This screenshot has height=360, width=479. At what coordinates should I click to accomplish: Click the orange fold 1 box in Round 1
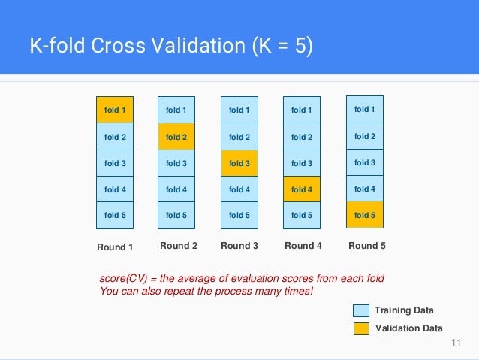[115, 110]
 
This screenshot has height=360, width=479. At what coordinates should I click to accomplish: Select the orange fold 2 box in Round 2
[176, 137]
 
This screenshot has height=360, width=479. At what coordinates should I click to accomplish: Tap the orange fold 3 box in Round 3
[239, 163]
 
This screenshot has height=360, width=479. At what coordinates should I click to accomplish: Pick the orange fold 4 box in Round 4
[302, 189]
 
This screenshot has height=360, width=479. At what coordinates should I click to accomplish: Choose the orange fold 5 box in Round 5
[364, 215]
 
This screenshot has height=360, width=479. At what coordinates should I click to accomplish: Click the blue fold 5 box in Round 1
[115, 216]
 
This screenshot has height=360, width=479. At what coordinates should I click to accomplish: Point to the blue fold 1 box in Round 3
[239, 110]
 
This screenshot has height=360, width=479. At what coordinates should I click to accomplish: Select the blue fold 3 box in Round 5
[364, 162]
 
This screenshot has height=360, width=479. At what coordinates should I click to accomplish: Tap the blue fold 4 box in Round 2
[176, 189]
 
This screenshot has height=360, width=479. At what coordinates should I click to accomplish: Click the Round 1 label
[115, 247]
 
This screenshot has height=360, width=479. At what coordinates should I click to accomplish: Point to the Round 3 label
[239, 246]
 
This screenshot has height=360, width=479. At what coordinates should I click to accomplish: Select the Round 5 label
[367, 246]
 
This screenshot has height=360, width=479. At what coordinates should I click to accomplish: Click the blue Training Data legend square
[361, 310]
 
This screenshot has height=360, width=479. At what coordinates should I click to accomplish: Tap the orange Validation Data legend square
[361, 328]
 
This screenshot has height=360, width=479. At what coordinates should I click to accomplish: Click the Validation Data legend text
[408, 328]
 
